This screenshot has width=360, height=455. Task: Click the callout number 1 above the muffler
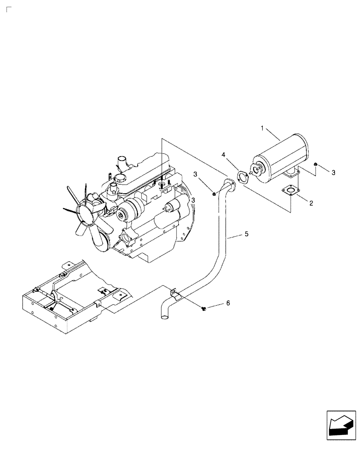tap(262, 129)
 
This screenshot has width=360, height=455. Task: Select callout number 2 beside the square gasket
tap(311, 203)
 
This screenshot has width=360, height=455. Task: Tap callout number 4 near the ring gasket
tap(223, 155)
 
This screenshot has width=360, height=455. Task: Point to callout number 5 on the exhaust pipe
tap(246, 234)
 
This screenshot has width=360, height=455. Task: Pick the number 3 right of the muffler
tap(333, 172)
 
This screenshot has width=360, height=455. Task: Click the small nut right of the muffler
tap(315, 164)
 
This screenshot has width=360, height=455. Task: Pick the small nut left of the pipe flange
tap(214, 195)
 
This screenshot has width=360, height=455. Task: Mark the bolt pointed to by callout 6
tap(203, 309)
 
